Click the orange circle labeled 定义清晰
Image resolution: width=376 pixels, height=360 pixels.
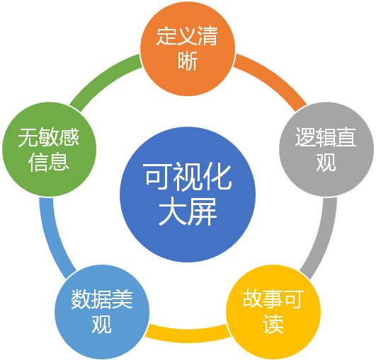pos(188,49)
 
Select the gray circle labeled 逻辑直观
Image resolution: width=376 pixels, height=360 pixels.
pos(326,149)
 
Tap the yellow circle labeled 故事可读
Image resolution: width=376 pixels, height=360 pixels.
pos(273,312)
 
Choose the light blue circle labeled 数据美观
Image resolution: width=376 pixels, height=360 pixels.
pos(102,312)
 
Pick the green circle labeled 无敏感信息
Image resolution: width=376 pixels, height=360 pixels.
pos(49,149)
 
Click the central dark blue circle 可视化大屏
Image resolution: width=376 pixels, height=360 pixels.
pos(188,194)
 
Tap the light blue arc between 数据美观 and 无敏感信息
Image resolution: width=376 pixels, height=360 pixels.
pos(52,240)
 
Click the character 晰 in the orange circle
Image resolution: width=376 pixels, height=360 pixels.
pos(188,61)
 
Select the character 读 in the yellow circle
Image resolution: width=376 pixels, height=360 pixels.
pos(273,324)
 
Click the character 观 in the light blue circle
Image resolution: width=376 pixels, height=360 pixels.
pos(102,324)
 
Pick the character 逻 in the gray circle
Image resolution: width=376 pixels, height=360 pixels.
pos(305,137)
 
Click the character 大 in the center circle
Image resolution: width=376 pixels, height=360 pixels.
pos(173,211)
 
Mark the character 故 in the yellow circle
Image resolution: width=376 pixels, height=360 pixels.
pos(253,299)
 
